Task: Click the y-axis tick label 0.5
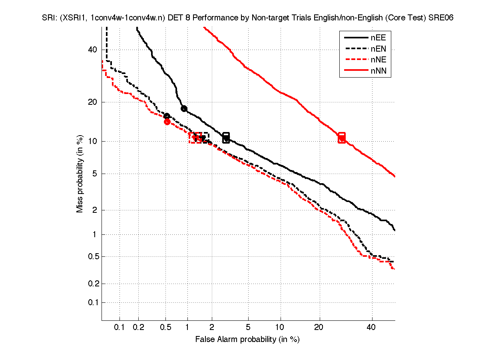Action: (x=91, y=256)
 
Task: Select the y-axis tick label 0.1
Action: (x=91, y=302)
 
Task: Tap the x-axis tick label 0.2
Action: (x=138, y=328)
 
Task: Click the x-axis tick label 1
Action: (x=187, y=328)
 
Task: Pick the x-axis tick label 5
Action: (x=248, y=328)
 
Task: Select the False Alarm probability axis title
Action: (x=247, y=340)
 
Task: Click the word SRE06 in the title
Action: (x=442, y=18)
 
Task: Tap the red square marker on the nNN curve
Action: (x=342, y=138)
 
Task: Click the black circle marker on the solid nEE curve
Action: (x=184, y=108)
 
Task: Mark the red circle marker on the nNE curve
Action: (x=167, y=122)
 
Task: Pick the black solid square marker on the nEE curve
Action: (x=226, y=138)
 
